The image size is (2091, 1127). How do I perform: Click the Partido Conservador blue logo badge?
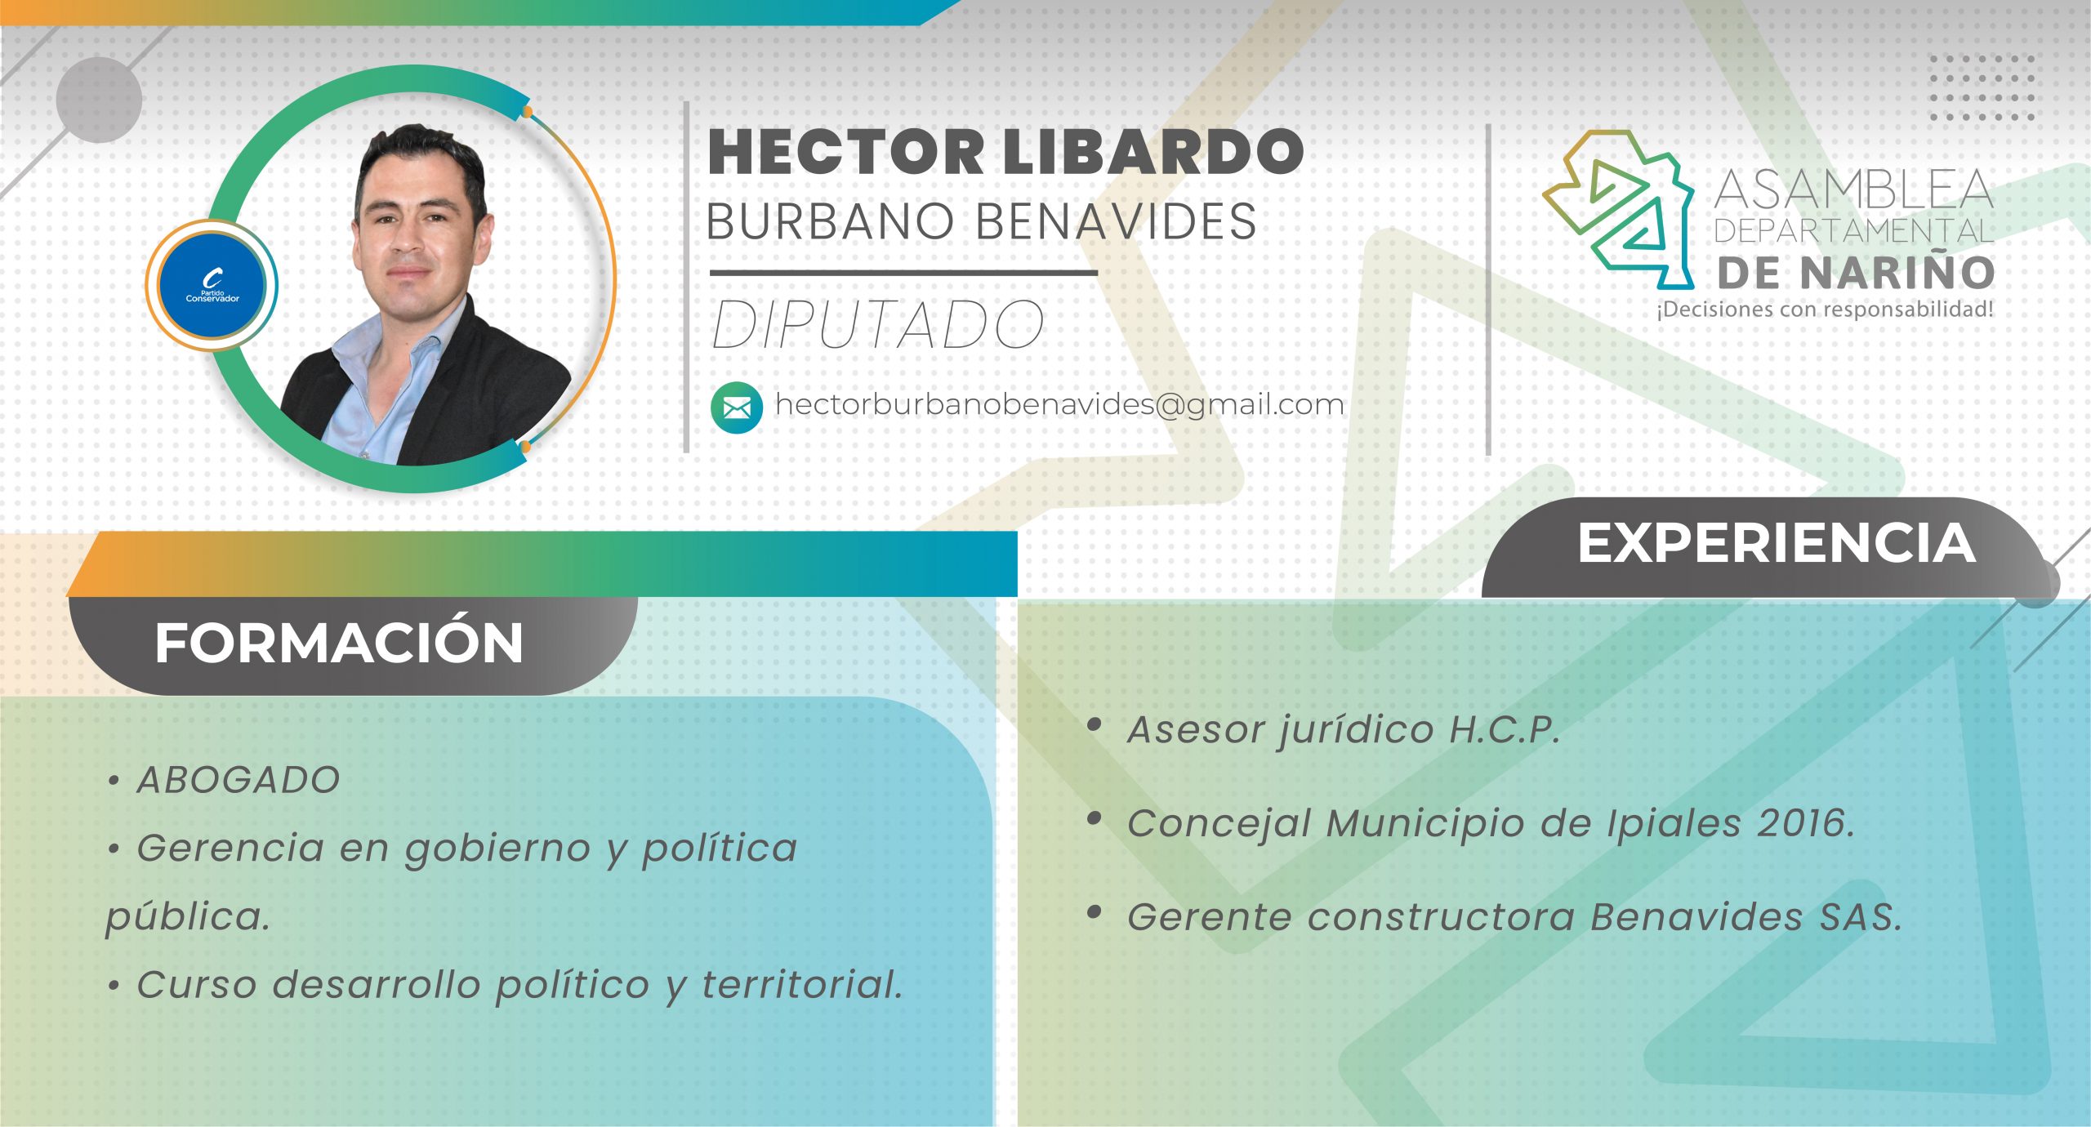(x=212, y=285)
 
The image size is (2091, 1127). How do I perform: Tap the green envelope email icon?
(x=736, y=407)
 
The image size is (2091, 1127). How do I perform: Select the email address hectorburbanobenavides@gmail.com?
(x=1059, y=404)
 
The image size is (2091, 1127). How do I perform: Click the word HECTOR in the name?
(x=845, y=153)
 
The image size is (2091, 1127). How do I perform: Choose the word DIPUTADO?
(x=878, y=325)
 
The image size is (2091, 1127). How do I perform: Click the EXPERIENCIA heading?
(x=1776, y=543)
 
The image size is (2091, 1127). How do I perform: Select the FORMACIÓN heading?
(x=339, y=644)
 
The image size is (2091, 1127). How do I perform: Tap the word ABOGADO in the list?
(x=239, y=780)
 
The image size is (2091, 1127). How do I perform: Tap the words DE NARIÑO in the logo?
(x=1855, y=273)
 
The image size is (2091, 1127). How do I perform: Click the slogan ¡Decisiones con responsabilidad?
(x=1825, y=310)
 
